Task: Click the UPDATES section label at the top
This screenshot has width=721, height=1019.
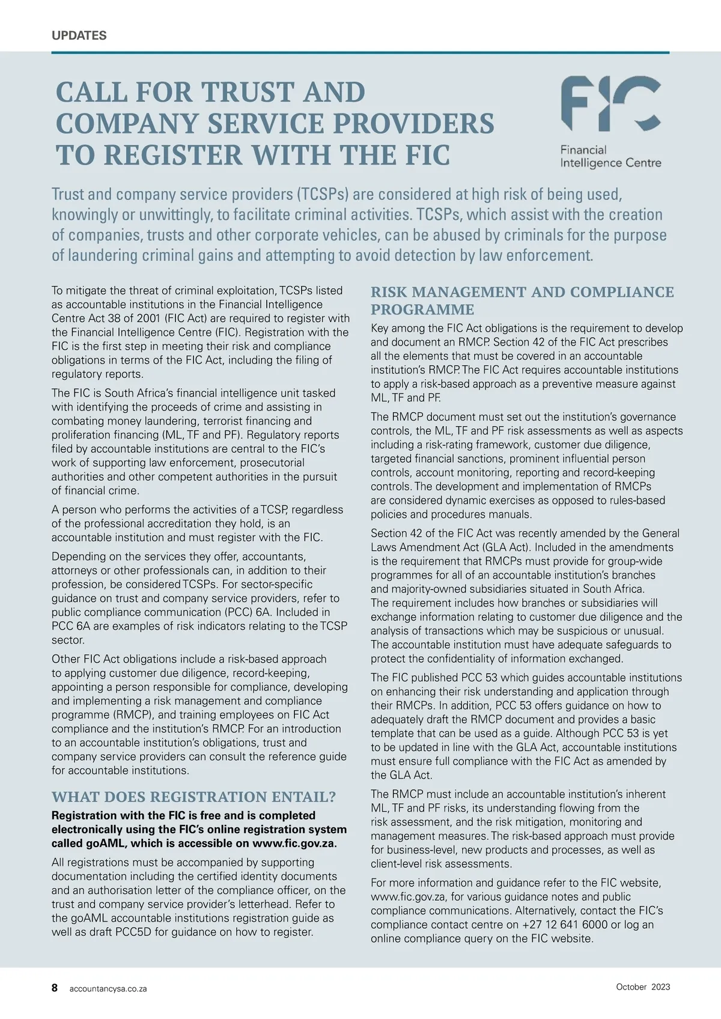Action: point(79,35)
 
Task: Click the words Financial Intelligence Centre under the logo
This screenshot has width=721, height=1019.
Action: point(610,156)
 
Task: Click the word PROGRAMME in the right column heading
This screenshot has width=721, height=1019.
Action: point(422,310)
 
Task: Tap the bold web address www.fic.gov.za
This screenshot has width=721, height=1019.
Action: point(294,843)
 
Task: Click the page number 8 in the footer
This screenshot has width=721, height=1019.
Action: point(55,988)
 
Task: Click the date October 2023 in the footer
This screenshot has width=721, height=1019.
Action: point(643,987)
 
